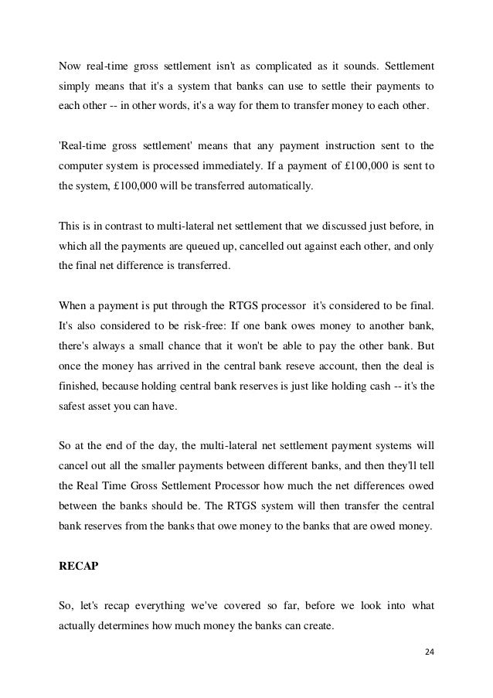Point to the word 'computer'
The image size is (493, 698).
pos(82,165)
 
